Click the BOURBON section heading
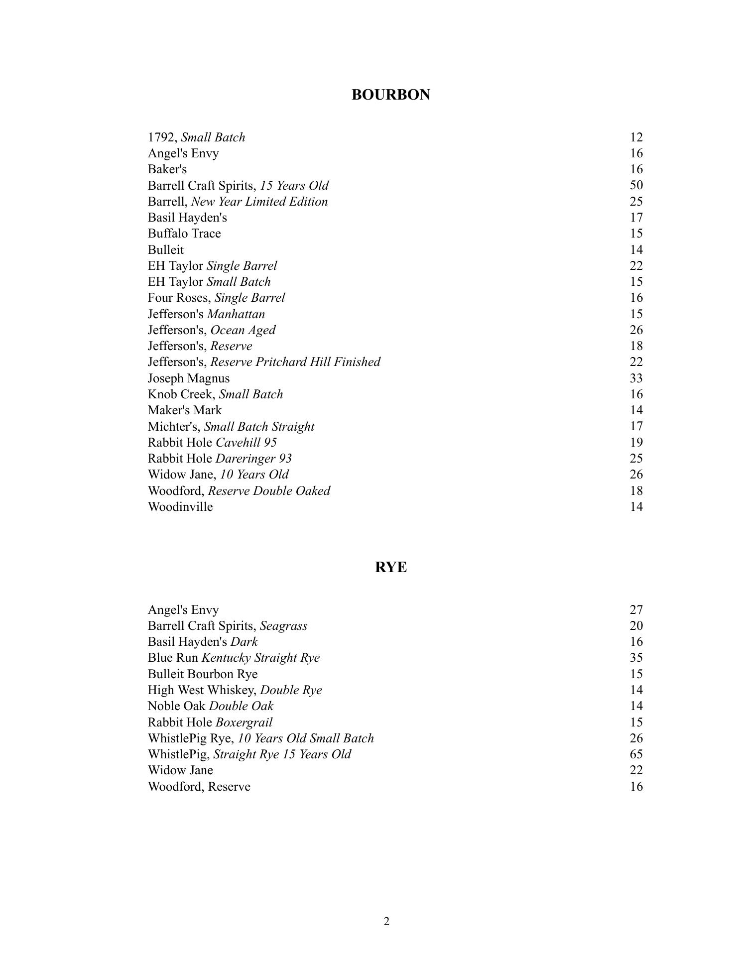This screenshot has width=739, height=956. [390, 95]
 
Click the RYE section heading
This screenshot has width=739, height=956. [390, 567]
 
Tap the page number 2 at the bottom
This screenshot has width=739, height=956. [386, 921]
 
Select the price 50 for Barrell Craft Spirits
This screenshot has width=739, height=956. [636, 185]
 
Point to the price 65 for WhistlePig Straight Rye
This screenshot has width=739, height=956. [636, 754]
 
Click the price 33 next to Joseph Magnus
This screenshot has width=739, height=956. [636, 378]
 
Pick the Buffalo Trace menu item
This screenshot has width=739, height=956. [184, 234]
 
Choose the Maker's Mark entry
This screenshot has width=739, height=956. [184, 410]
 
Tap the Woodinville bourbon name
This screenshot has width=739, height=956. [180, 507]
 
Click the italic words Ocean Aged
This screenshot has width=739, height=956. [243, 330]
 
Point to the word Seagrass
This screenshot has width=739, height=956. [283, 626]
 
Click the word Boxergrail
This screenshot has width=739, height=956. [244, 722]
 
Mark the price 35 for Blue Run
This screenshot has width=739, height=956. [636, 658]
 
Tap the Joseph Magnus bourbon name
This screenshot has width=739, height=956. [188, 378]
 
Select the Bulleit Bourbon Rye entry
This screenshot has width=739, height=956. [202, 674]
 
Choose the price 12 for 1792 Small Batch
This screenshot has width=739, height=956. [636, 137]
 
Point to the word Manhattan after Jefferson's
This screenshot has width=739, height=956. [236, 314]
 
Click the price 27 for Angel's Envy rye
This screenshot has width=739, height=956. [636, 610]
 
